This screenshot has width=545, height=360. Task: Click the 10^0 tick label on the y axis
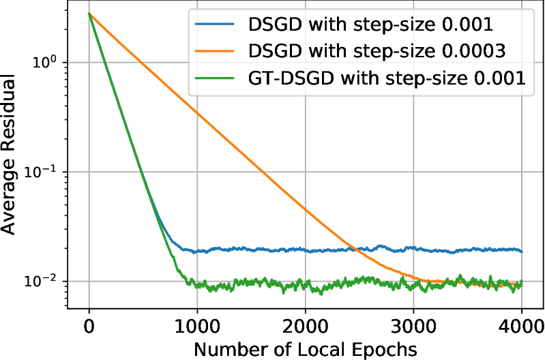[x=48, y=62]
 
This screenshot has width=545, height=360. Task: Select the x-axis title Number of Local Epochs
[x=305, y=348]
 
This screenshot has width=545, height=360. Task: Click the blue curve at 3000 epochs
[x=413, y=249]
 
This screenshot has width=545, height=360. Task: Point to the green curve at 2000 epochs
[x=305, y=286]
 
